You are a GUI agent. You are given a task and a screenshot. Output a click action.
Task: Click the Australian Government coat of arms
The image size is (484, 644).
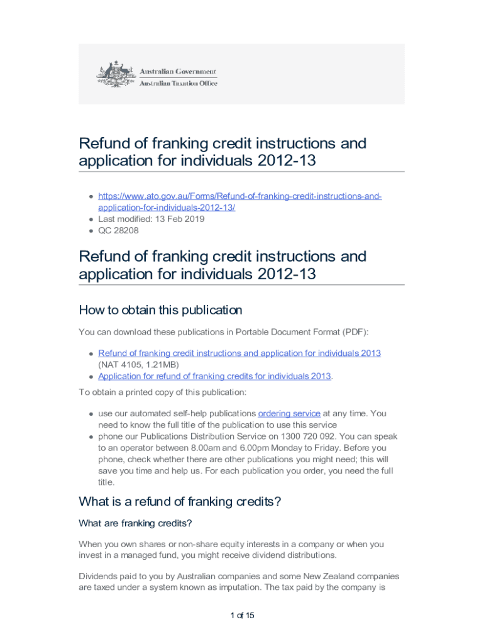coord(114,74)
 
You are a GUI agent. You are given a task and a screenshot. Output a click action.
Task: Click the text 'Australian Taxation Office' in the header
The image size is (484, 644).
coord(178,83)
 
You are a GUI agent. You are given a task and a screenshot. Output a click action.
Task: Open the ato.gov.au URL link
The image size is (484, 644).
coord(239,202)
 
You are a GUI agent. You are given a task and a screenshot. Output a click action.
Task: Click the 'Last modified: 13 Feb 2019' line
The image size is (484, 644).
coord(151,219)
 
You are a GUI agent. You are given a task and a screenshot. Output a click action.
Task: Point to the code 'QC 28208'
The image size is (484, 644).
coord(118,230)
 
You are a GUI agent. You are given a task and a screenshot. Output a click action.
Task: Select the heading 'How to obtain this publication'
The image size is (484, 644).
coord(160,310)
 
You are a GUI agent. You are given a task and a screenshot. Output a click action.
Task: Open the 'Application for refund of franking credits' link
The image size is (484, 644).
coord(214,376)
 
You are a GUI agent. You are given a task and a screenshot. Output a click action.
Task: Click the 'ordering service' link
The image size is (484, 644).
coord(289,413)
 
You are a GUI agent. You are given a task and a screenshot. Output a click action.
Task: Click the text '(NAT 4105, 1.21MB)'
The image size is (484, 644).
coord(138,365)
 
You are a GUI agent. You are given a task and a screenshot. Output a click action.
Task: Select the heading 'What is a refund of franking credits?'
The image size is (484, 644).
coord(180,501)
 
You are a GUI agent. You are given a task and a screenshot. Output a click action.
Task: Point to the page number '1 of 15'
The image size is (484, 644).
coord(242,615)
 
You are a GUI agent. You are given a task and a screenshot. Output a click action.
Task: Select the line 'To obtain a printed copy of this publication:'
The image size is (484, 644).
coord(163,392)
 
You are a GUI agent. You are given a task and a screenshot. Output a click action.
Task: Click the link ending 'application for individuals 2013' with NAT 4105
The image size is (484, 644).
coord(239,353)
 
